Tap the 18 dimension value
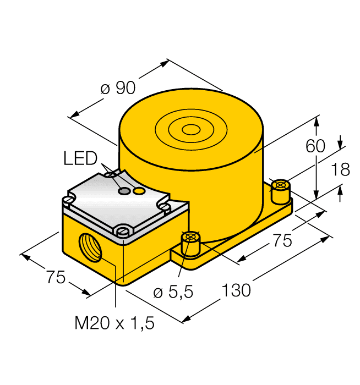(x=340, y=170)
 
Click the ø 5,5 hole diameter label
(x=173, y=292)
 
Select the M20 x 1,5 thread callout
(x=114, y=323)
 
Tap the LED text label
(x=80, y=159)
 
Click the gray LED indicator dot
(x=126, y=191)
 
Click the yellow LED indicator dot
(x=140, y=191)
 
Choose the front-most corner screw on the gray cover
(x=122, y=230)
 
